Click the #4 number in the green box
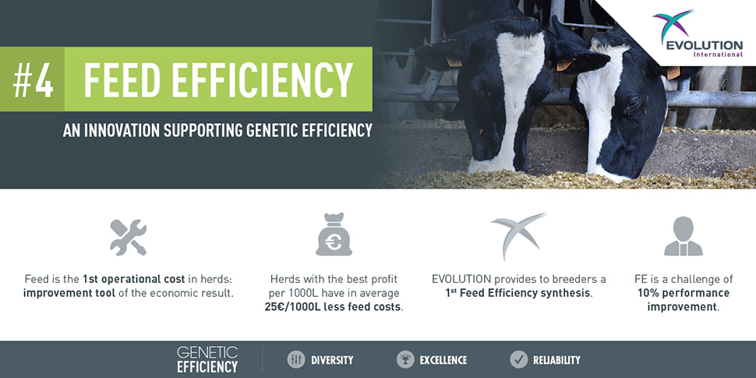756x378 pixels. tap(33, 79)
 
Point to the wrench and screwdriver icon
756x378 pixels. tap(129, 237)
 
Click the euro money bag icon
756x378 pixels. tap(334, 235)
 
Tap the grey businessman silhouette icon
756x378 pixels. tap(684, 236)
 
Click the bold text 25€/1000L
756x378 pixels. tap(295, 306)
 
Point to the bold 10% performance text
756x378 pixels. tap(684, 293)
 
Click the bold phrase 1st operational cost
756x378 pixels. tap(133, 279)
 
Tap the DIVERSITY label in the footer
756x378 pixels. tap(332, 359)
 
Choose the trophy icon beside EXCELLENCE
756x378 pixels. tap(405, 359)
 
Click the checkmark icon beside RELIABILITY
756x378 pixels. tap(519, 359)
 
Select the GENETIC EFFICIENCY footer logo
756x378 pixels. tap(207, 359)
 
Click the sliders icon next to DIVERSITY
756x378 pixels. tap(296, 359)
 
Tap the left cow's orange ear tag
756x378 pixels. tap(454, 62)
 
